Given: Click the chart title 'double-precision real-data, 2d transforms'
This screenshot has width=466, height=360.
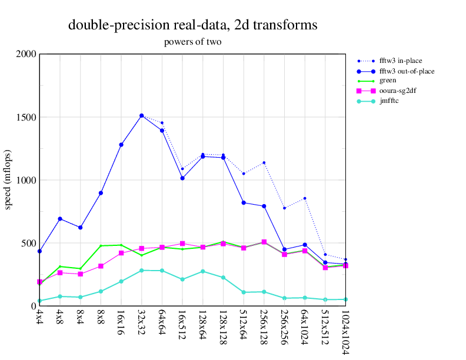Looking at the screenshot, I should (193, 25).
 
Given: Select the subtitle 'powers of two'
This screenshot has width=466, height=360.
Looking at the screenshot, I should (193, 42).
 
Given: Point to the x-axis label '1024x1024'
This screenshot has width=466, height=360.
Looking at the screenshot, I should (345, 332).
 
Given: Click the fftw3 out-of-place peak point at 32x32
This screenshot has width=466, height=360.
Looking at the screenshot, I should (141, 116).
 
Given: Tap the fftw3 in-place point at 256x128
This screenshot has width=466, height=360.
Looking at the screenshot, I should (264, 162).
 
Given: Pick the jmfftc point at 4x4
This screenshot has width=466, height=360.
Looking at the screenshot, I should (39, 301).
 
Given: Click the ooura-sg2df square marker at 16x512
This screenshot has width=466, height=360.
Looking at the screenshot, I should (182, 244).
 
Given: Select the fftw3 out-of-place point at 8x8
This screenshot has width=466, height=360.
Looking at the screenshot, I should (101, 193).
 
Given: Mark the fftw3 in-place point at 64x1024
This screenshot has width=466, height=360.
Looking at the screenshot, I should (305, 198).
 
